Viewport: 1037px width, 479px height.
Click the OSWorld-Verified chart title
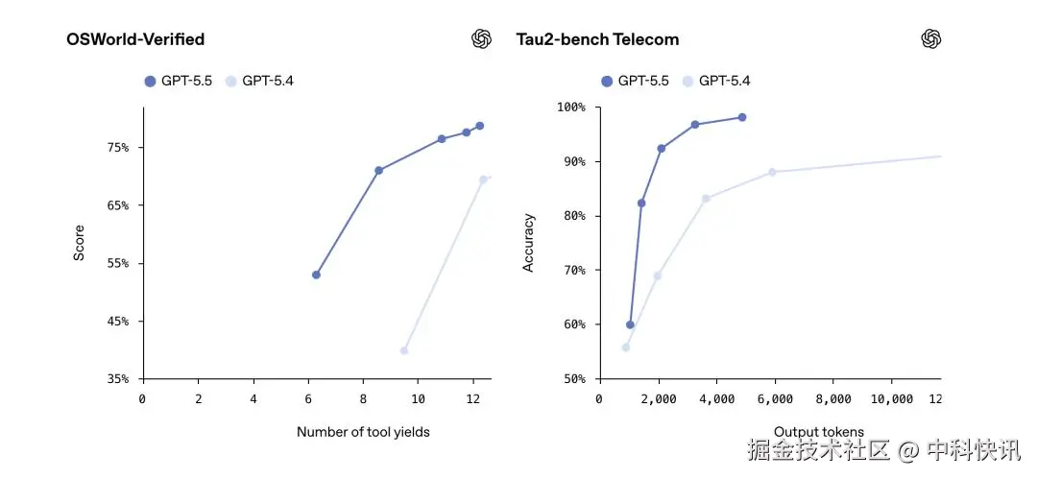[135, 39]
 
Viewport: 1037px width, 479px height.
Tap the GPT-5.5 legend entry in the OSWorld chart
[179, 81]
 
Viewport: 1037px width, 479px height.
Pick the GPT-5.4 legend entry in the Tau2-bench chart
[716, 81]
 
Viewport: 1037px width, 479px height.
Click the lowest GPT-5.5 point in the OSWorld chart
[316, 275]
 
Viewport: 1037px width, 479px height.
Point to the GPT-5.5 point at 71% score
[378, 170]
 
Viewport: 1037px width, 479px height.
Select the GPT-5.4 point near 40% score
[403, 350]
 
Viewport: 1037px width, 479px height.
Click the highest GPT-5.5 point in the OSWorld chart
[479, 126]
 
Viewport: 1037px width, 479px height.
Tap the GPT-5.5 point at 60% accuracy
[630, 324]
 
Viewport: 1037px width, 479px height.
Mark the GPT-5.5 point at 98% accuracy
[741, 117]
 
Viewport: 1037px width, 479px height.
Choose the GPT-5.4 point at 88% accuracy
[771, 172]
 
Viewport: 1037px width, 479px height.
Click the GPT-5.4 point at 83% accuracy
[706, 199]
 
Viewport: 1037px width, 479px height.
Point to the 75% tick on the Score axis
[117, 148]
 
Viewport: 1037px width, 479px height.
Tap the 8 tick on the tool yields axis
[364, 398]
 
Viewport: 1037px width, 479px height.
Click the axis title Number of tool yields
[363, 432]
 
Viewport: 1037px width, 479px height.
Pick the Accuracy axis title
[528, 242]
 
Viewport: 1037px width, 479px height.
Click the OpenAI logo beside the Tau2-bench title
[930, 38]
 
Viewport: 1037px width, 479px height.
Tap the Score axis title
[80, 242]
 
